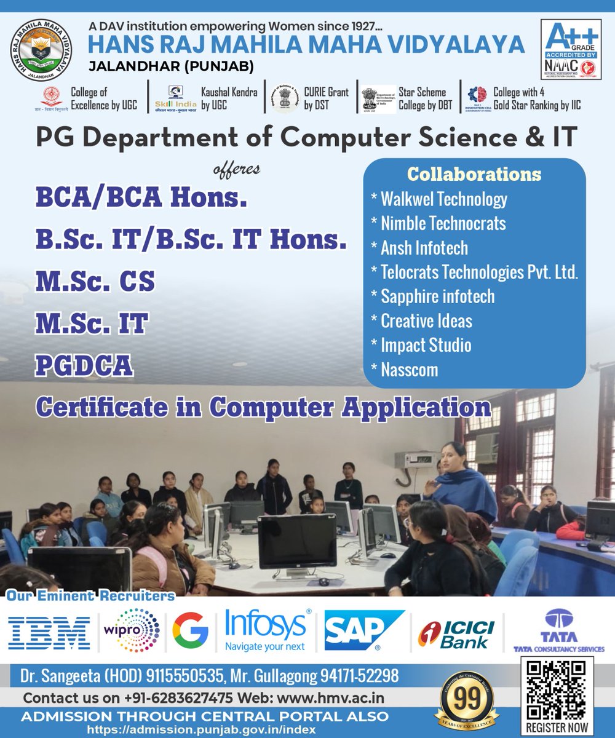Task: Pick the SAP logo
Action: tap(363, 631)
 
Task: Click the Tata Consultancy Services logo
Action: tap(558, 631)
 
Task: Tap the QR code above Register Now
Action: tap(557, 689)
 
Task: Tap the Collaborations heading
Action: tap(474, 174)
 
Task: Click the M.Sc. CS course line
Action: tap(95, 281)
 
